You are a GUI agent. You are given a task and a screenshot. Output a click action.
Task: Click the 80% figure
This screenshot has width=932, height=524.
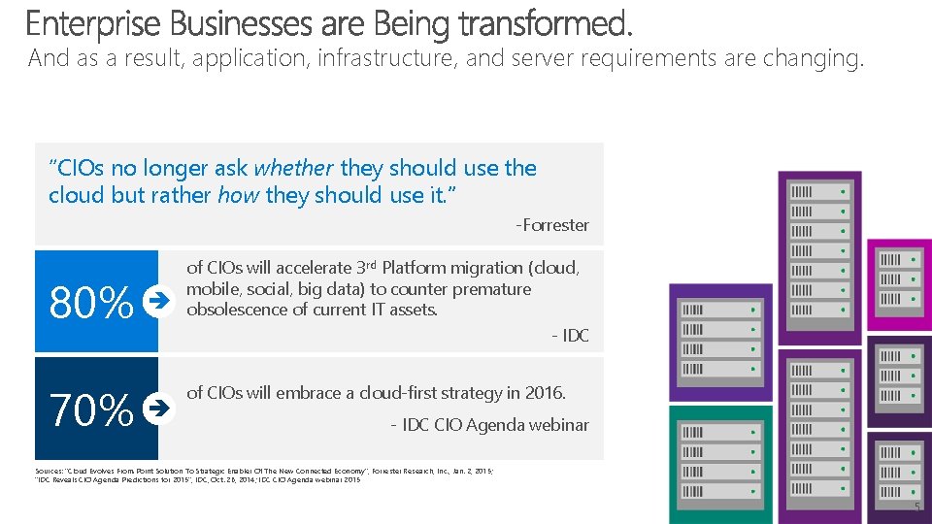90,304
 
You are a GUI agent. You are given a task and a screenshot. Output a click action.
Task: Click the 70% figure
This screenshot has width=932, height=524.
90,409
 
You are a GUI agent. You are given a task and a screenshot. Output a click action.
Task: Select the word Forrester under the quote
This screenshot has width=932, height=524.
555,225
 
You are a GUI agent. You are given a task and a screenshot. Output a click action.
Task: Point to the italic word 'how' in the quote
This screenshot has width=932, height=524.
238,195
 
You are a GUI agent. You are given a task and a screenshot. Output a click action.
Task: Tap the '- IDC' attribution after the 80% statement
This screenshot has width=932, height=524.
570,336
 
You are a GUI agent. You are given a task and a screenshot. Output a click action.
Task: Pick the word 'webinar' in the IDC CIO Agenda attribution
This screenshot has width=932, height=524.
556,425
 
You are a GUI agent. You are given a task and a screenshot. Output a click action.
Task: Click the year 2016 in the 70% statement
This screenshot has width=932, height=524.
544,393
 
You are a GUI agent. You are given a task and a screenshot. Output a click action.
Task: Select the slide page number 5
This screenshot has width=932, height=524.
916,508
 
